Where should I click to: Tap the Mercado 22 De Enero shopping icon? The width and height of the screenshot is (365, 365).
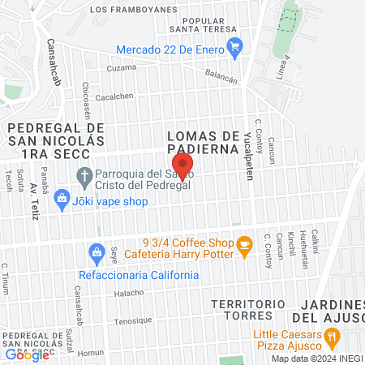pyautogui.click(x=235, y=48)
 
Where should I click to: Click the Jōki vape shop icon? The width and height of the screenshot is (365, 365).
pyautogui.click(x=62, y=198)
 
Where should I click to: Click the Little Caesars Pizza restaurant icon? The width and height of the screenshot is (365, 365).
pyautogui.click(x=331, y=337)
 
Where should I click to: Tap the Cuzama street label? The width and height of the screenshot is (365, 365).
pyautogui.click(x=121, y=67)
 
